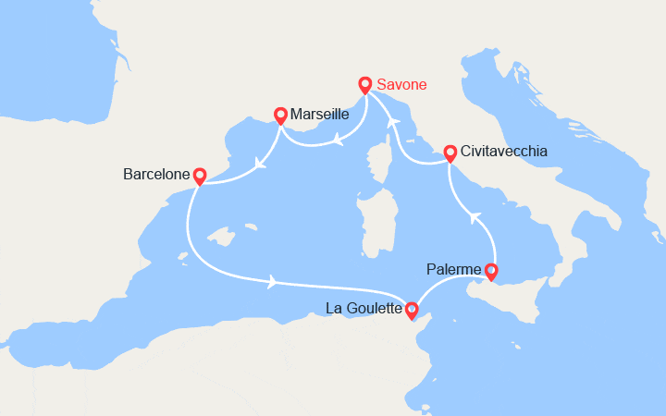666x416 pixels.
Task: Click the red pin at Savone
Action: pyautogui.click(x=365, y=85)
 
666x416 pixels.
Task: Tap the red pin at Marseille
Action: pyautogui.click(x=280, y=115)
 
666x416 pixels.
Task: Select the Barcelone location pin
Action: pyautogui.click(x=198, y=173)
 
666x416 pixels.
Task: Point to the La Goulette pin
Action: pyautogui.click(x=412, y=310)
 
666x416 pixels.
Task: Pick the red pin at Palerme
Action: pyautogui.click(x=491, y=271)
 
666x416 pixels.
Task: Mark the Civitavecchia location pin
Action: pyautogui.click(x=450, y=153)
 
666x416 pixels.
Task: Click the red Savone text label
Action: pyautogui.click(x=403, y=85)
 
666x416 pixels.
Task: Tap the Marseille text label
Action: pyautogui.click(x=319, y=115)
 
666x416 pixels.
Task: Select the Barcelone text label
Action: pyautogui.click(x=155, y=173)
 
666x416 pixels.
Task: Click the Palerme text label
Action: pyautogui.click(x=454, y=270)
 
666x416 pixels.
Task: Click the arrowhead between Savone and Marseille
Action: pyautogui.click(x=337, y=141)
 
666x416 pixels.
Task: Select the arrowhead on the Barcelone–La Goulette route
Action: pyautogui.click(x=273, y=281)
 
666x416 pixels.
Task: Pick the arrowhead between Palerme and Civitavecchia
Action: pyautogui.click(x=475, y=217)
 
